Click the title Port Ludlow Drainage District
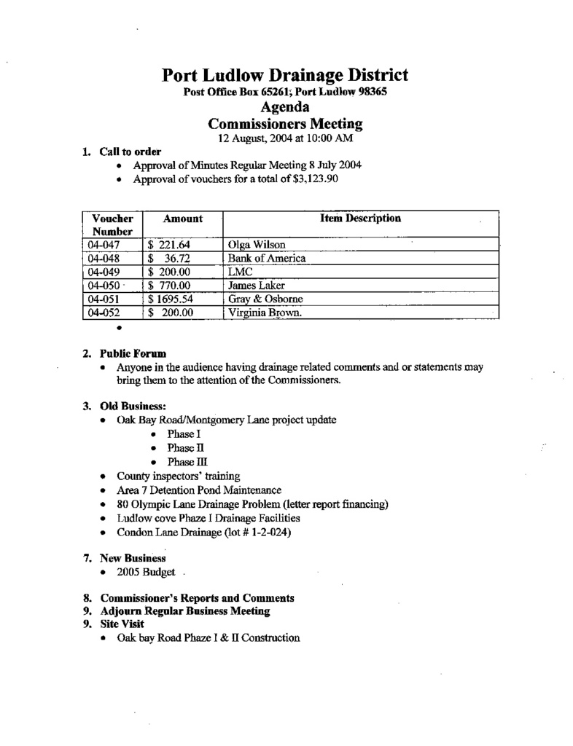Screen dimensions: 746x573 click(284, 75)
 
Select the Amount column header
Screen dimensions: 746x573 click(182, 219)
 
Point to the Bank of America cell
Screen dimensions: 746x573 click(266, 259)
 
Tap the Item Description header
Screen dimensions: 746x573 click(360, 218)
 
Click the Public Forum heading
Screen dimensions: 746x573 click(133, 354)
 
